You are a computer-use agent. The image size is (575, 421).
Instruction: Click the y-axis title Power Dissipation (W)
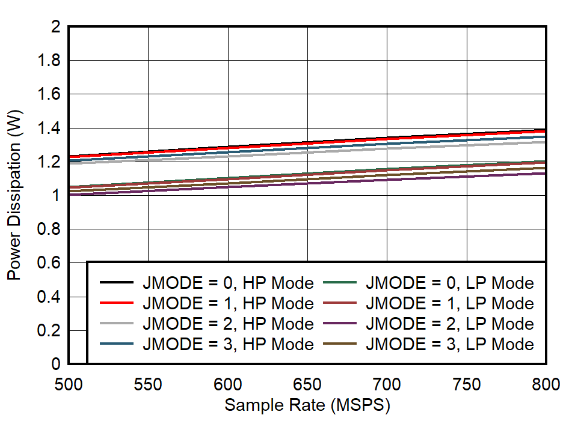pos(14,195)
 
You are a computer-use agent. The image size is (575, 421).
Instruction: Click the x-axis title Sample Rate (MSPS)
pos(307,405)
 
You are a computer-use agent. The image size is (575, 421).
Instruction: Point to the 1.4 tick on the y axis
pos(51,129)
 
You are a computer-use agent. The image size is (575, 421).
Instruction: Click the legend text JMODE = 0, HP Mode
pos(228,283)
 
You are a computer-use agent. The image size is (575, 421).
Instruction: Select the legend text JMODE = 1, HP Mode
pos(228,303)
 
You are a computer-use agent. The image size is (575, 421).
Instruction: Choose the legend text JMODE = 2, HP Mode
pos(228,324)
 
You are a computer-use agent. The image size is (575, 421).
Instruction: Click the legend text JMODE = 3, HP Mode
pos(228,344)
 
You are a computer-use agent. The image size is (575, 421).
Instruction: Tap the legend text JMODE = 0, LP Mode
pos(449,283)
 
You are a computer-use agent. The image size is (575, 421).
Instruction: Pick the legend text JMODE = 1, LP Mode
pos(449,303)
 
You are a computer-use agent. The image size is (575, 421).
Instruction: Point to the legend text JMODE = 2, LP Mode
pos(449,324)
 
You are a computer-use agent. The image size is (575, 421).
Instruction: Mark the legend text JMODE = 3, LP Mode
pos(449,344)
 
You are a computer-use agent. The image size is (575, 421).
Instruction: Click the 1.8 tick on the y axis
pos(51,61)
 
